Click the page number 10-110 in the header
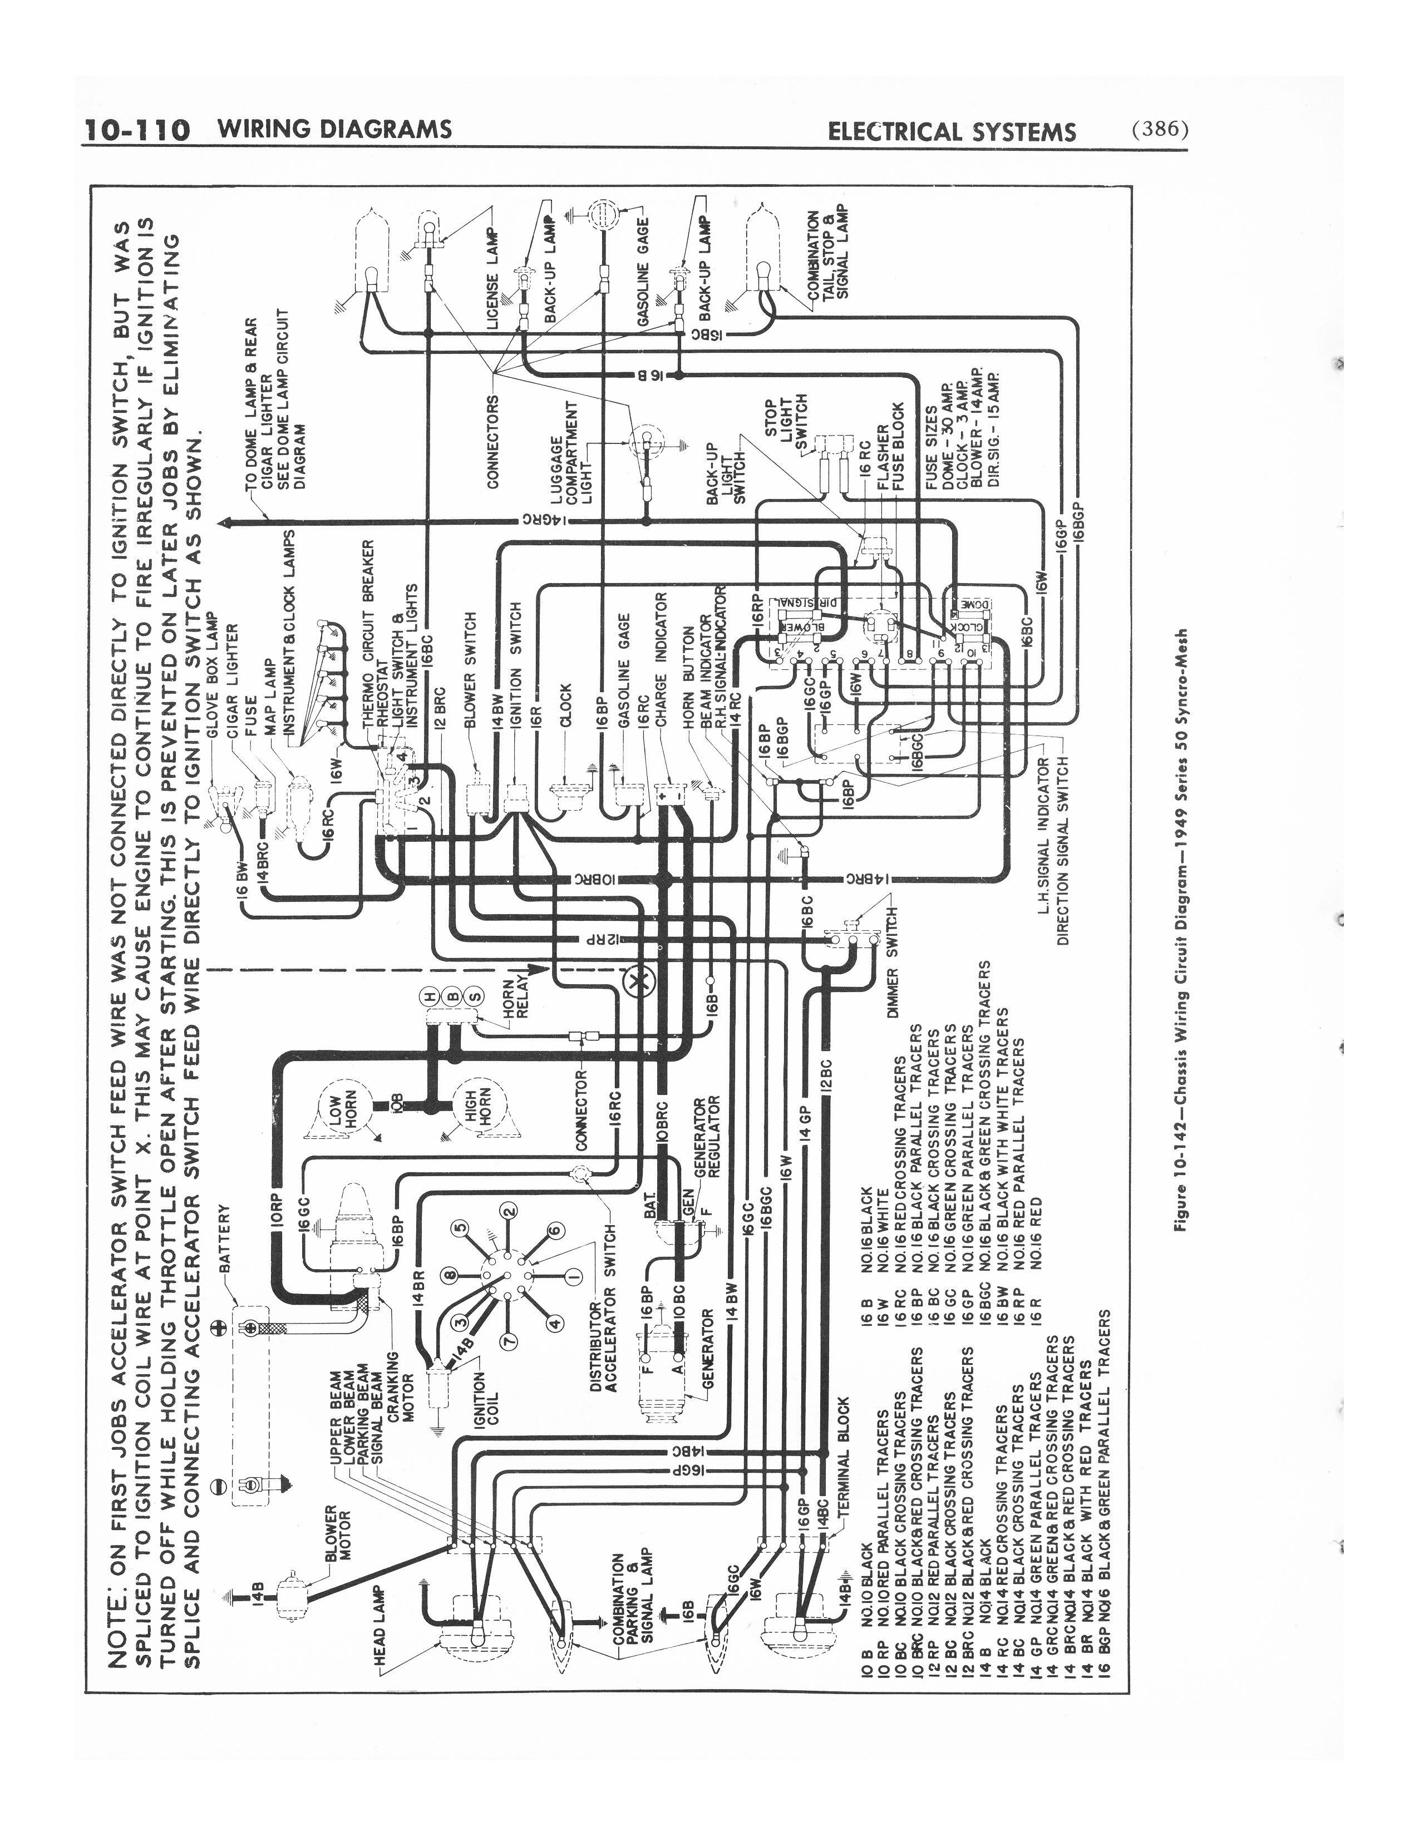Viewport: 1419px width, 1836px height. point(137,130)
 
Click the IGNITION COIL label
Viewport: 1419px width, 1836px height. point(487,1400)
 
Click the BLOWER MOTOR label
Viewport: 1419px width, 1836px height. point(336,1538)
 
